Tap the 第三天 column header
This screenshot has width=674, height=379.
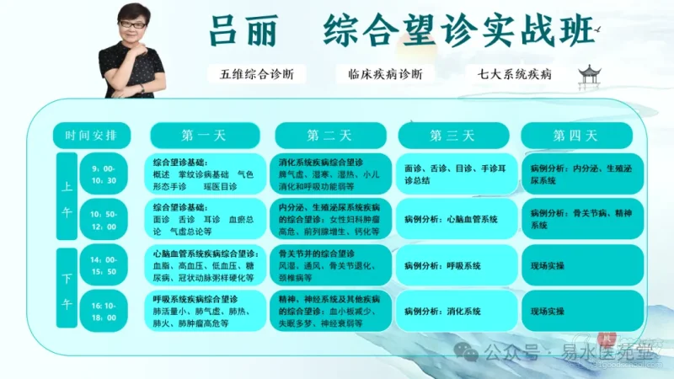pyautogui.click(x=452, y=135)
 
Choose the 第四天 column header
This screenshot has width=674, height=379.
pyautogui.click(x=575, y=135)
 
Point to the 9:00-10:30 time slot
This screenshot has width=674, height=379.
pyautogui.click(x=110, y=174)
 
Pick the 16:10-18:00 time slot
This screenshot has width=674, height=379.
pyautogui.click(x=110, y=310)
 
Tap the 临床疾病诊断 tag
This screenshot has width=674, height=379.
pyautogui.click(x=379, y=74)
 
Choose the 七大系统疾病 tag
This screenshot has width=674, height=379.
pyautogui.click(x=514, y=74)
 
